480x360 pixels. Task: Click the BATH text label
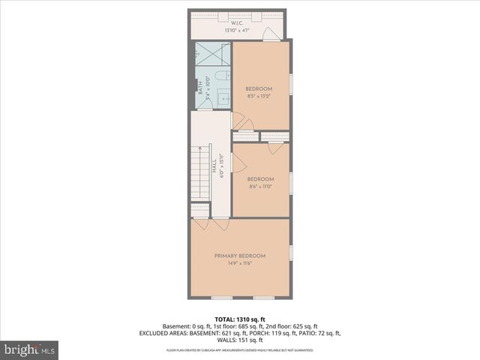click(200, 88)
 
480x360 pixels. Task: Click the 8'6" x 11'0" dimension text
click(260, 186)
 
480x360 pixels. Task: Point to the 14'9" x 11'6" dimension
click(239, 263)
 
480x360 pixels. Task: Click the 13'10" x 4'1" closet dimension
click(239, 31)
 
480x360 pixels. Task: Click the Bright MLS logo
click(30, 349)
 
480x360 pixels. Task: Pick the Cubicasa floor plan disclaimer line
click(239, 349)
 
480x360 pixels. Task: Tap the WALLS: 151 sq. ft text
click(239, 340)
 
